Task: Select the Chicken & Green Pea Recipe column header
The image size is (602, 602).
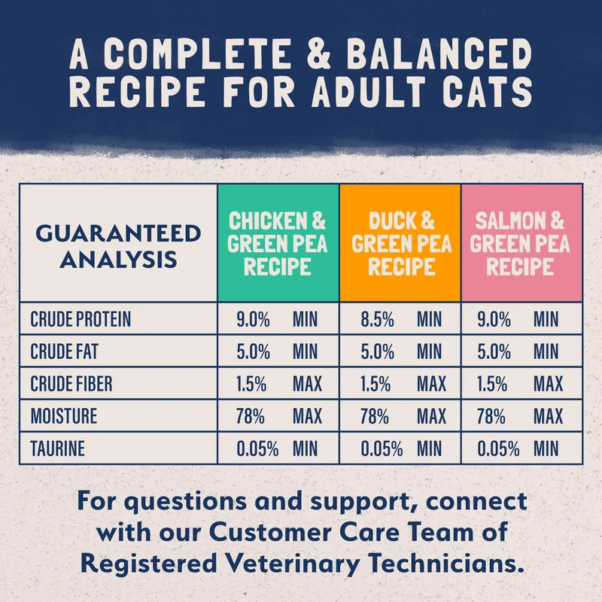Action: [x=277, y=243]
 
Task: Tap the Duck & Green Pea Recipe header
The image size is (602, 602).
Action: [x=402, y=243]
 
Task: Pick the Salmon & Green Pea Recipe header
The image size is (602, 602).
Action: [x=520, y=243]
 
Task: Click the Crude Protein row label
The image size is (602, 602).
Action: [x=81, y=319]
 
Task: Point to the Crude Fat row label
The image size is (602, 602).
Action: [x=64, y=351]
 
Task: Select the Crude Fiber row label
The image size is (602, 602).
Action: [x=71, y=384]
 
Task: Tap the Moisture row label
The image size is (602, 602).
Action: [x=64, y=416]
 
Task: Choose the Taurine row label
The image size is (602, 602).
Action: [x=58, y=448]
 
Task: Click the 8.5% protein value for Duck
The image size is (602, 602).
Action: [x=378, y=319]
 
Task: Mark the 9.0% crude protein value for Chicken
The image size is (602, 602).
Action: [x=253, y=319]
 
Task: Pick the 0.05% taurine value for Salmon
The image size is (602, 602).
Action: [x=498, y=448]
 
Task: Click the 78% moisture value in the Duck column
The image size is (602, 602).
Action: [x=374, y=416]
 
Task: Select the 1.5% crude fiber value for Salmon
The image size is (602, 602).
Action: [x=492, y=384]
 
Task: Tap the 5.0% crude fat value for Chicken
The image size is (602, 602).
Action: [x=253, y=351]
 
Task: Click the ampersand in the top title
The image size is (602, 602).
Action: [x=318, y=53]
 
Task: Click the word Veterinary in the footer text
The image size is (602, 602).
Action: [x=292, y=564]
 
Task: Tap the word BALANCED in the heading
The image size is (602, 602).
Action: [x=439, y=53]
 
